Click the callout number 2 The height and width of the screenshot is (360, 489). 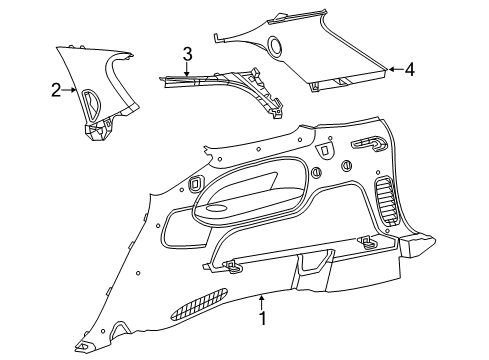[x=56, y=91]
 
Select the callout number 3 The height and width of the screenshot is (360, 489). [x=187, y=53]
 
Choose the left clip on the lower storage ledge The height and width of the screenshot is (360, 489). [x=232, y=265]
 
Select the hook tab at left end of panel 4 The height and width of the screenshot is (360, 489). [x=215, y=37]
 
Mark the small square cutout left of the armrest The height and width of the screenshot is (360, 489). [x=191, y=185]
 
